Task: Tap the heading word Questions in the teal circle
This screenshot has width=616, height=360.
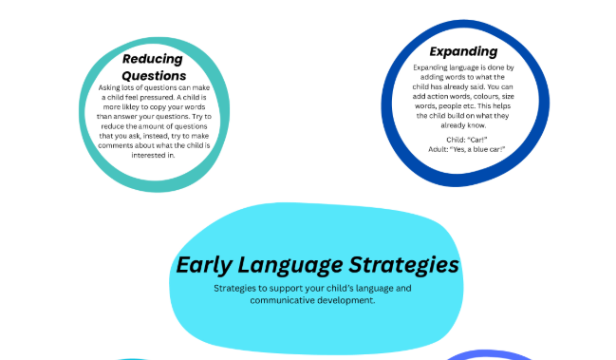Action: [154, 75]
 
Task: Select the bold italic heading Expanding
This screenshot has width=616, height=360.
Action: [463, 51]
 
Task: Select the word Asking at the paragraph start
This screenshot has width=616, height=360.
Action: [111, 87]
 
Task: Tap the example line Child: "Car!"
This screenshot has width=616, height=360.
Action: [464, 140]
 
